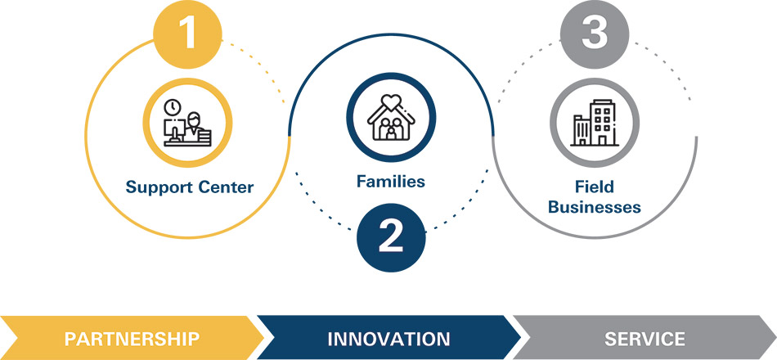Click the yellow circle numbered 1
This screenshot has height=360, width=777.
click(x=187, y=34)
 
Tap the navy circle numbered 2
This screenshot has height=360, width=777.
click(x=391, y=237)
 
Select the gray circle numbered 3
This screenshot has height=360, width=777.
click(x=595, y=34)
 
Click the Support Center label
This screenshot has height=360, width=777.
click(x=189, y=187)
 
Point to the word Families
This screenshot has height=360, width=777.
click(x=390, y=181)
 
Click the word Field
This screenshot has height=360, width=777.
click(x=595, y=187)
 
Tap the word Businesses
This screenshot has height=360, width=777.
click(x=595, y=206)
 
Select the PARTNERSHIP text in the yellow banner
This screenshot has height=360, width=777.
click(x=132, y=340)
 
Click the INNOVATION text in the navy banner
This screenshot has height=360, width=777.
click(x=388, y=340)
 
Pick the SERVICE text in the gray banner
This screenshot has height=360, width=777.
click(x=645, y=340)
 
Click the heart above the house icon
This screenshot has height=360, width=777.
click(x=391, y=101)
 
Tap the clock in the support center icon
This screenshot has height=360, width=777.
click(x=173, y=106)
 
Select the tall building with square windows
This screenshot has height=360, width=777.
click(x=603, y=122)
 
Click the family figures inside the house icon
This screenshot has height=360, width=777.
click(x=391, y=129)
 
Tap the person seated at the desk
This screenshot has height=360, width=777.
click(x=193, y=124)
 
